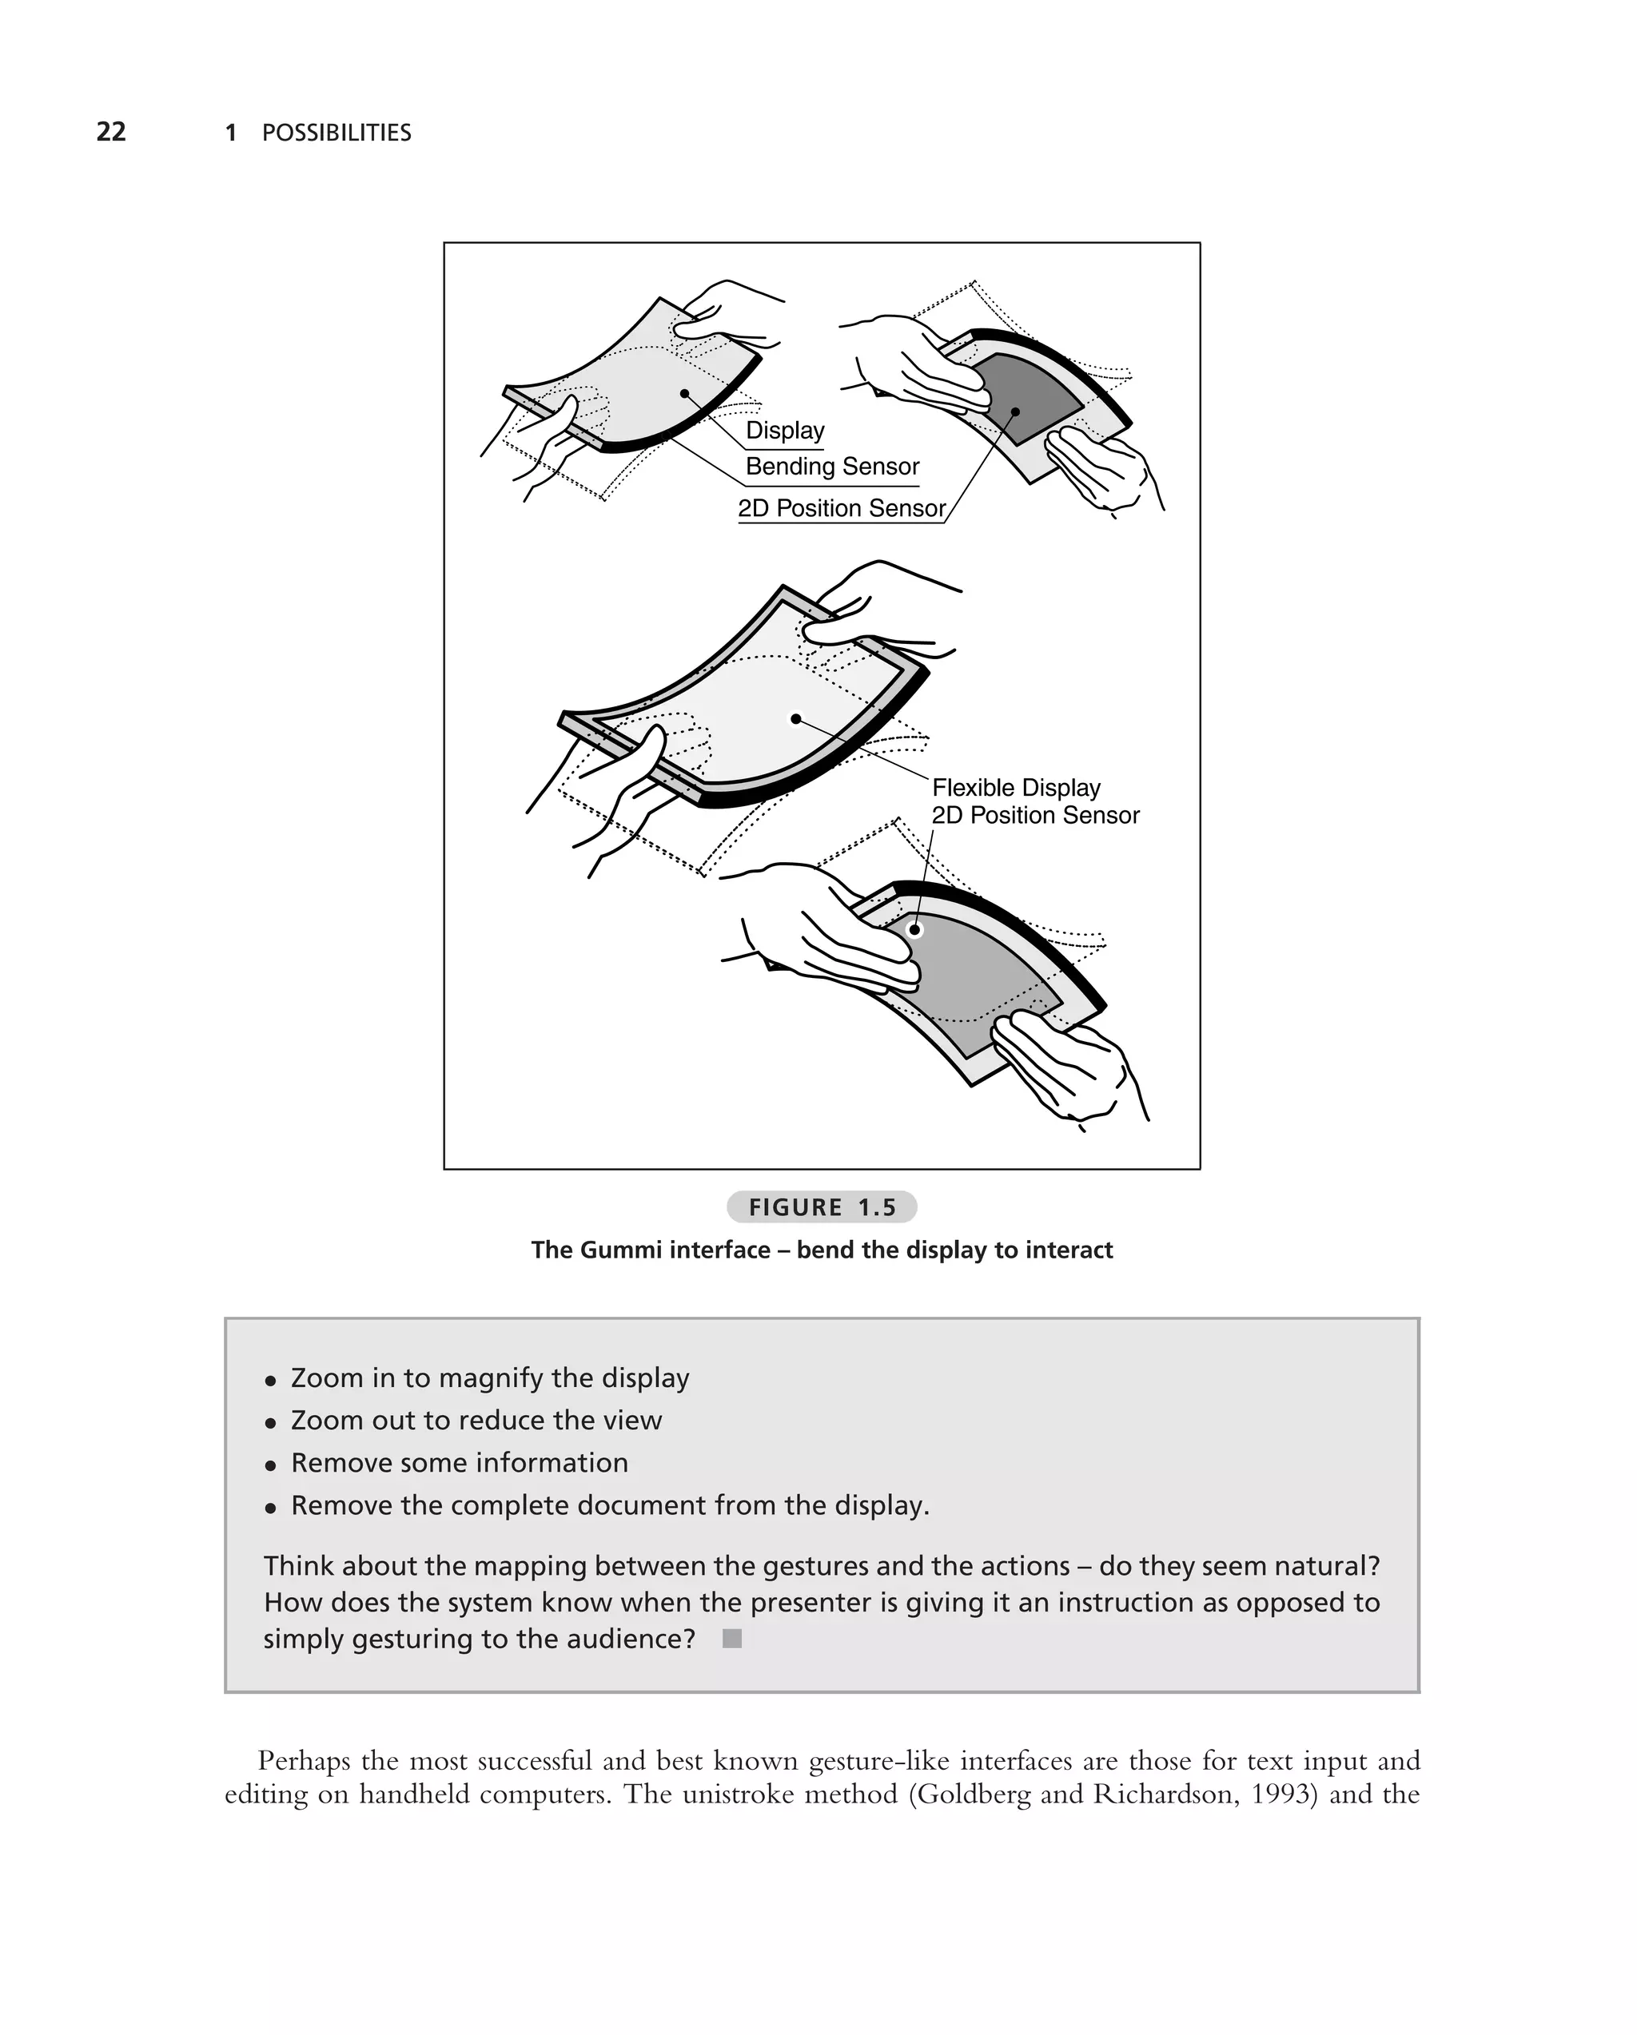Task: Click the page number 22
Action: coord(111,131)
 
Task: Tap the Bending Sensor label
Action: coord(832,467)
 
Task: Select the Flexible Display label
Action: coord(1016,787)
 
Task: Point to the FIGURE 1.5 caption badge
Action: coord(822,1206)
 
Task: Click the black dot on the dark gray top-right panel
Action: coord(1016,411)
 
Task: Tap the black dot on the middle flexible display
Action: coord(796,719)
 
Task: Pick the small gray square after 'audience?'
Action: coord(731,1639)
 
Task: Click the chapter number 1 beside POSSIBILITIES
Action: coord(230,133)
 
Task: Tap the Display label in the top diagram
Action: coord(784,431)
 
